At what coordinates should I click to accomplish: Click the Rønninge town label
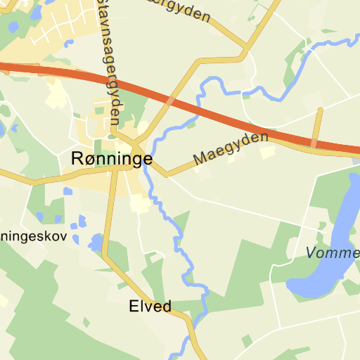[112, 160]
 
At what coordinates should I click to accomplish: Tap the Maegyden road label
[231, 148]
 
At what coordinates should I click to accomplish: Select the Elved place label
[150, 307]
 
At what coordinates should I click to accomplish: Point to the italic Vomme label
[333, 253]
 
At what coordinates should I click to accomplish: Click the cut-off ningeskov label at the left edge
[34, 236]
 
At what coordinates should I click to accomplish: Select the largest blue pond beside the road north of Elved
[95, 243]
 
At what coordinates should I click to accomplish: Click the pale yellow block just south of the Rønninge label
[139, 205]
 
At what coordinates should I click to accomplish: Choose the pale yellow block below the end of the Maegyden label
[267, 153]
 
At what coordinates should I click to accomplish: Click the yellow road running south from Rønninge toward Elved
[108, 218]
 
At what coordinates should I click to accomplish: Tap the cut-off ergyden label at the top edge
[179, 8]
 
